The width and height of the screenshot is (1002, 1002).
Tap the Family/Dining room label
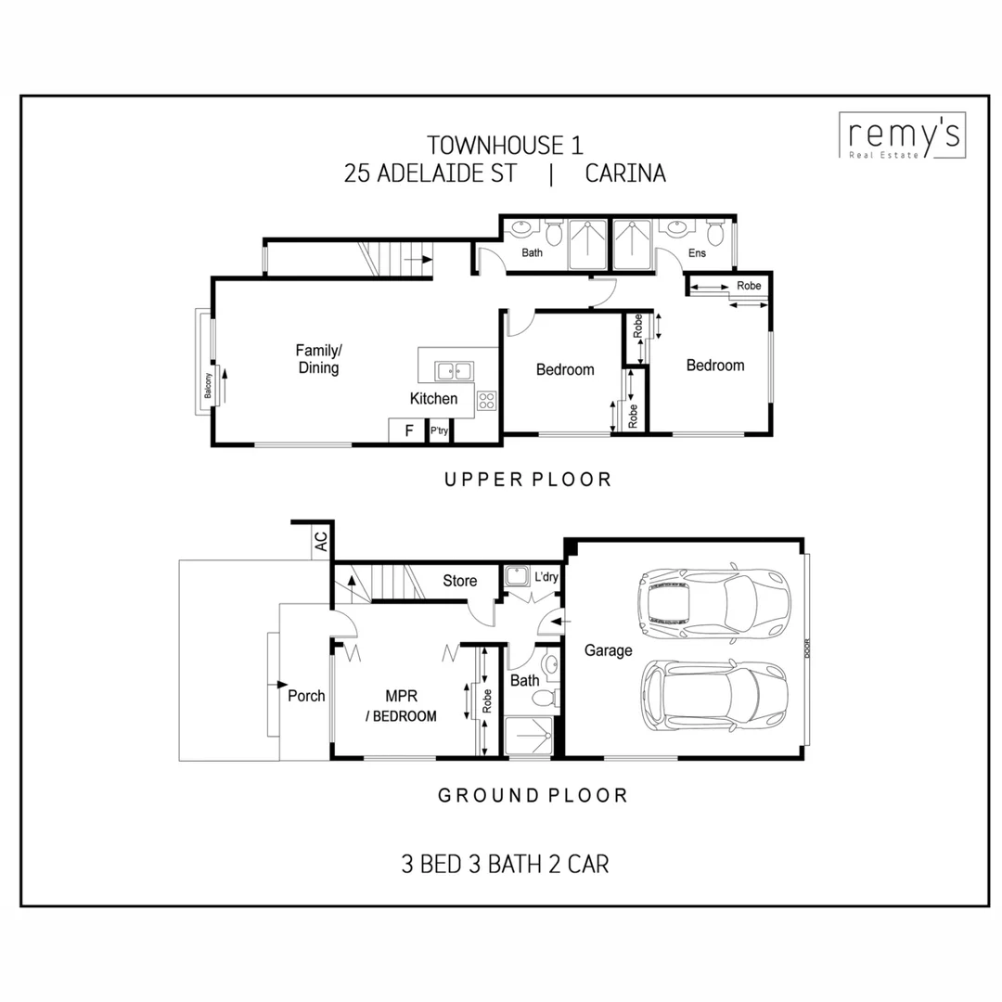pyautogui.click(x=318, y=359)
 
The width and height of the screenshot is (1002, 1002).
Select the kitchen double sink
pyautogui.click(x=454, y=371)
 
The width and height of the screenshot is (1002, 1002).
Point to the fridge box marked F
pyautogui.click(x=407, y=430)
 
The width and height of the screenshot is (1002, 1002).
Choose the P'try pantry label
pyautogui.click(x=439, y=431)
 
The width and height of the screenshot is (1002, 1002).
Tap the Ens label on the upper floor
pyautogui.click(x=697, y=252)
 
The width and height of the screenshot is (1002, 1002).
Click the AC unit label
pyautogui.click(x=321, y=542)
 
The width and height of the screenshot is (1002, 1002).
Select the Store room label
pyautogui.click(x=459, y=581)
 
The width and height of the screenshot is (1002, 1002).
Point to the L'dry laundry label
pyautogui.click(x=546, y=577)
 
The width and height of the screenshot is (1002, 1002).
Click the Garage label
pyautogui.click(x=608, y=650)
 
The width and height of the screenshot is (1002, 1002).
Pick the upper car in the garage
pyautogui.click(x=713, y=604)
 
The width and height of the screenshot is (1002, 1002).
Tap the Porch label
pyautogui.click(x=306, y=695)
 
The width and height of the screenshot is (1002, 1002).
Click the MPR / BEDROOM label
pyautogui.click(x=402, y=705)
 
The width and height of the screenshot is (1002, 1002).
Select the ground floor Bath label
pyautogui.click(x=525, y=680)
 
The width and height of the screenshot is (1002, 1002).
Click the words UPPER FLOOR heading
pyautogui.click(x=527, y=480)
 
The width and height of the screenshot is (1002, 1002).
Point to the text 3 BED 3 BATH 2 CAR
pyautogui.click(x=505, y=864)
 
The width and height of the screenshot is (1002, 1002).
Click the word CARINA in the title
pyautogui.click(x=625, y=173)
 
